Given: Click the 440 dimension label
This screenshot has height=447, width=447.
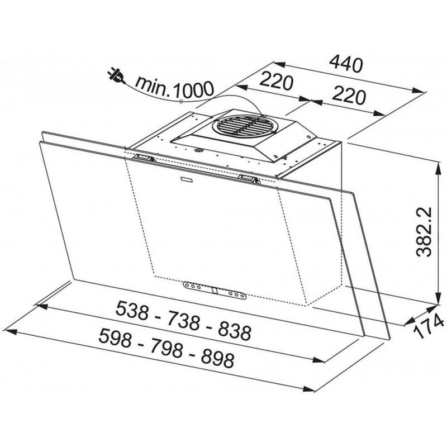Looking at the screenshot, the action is (346, 64).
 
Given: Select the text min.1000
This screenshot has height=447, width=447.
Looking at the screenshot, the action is (174, 87).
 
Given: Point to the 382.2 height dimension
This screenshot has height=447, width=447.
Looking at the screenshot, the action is (424, 232).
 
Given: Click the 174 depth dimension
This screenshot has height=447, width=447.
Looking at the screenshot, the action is (429, 326).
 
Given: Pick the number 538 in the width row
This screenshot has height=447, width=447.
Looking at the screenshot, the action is (132, 311).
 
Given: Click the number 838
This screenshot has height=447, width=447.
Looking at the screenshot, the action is (235, 331).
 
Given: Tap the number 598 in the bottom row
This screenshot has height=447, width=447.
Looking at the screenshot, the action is (115, 338).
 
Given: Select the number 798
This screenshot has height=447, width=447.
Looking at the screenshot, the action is (165, 348).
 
